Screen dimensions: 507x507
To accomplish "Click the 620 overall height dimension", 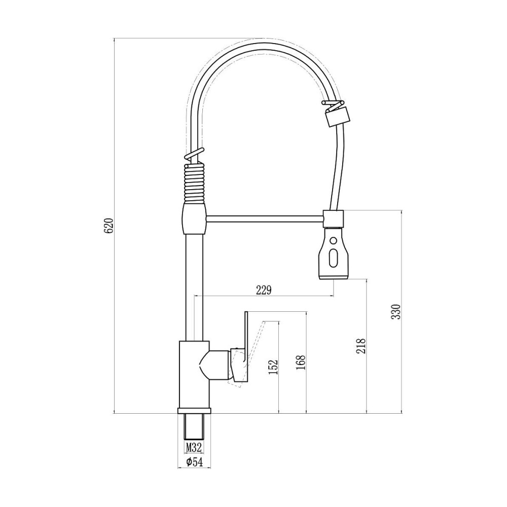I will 107,226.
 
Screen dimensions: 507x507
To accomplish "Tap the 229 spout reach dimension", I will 264,290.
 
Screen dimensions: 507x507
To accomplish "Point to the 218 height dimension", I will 360,346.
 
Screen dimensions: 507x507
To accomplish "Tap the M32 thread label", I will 194,447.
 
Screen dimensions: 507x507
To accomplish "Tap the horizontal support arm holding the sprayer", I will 265,219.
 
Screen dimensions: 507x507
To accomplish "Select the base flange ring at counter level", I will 194,410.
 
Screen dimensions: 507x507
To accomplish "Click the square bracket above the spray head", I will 334,219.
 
